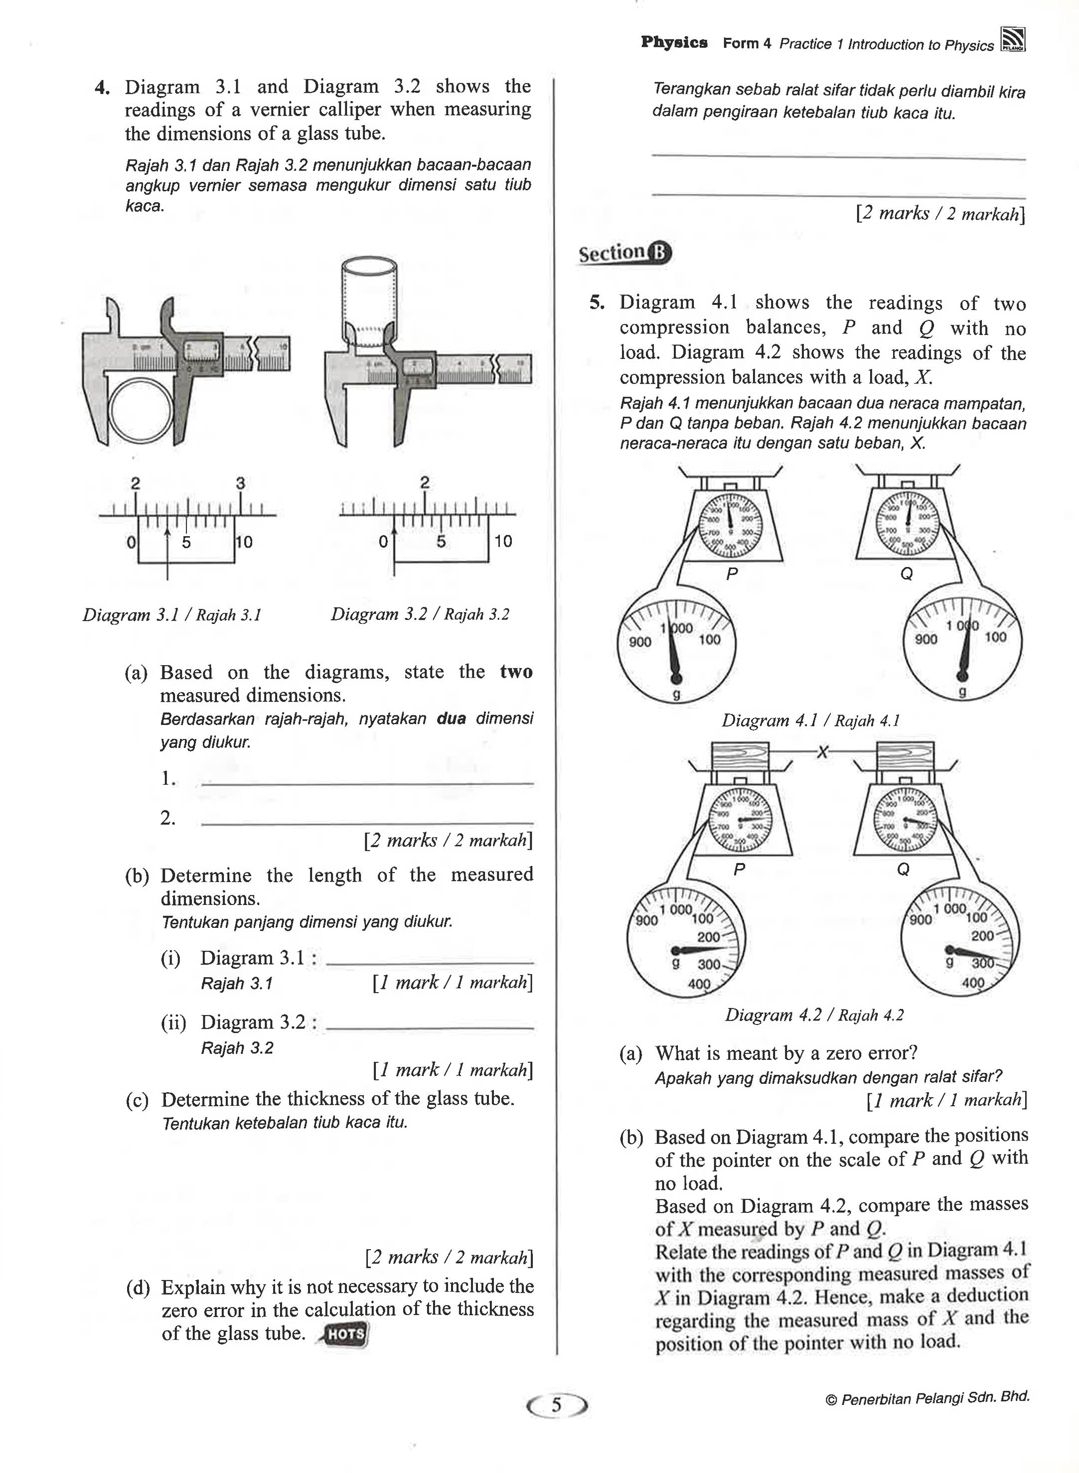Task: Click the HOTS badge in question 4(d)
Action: pos(344,1334)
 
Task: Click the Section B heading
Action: pos(624,253)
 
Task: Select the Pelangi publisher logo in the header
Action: pos(1012,40)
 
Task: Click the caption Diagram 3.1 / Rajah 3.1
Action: pos(172,615)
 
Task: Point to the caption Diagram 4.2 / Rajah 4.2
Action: pos(814,1015)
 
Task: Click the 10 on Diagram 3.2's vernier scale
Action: pos(503,541)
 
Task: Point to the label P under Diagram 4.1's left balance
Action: pos(732,574)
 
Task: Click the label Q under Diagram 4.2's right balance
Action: pos(903,870)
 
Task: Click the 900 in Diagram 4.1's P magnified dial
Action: pos(639,642)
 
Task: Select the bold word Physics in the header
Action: pos(674,43)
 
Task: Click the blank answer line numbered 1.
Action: pos(367,781)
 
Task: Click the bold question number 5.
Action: pos(597,303)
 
